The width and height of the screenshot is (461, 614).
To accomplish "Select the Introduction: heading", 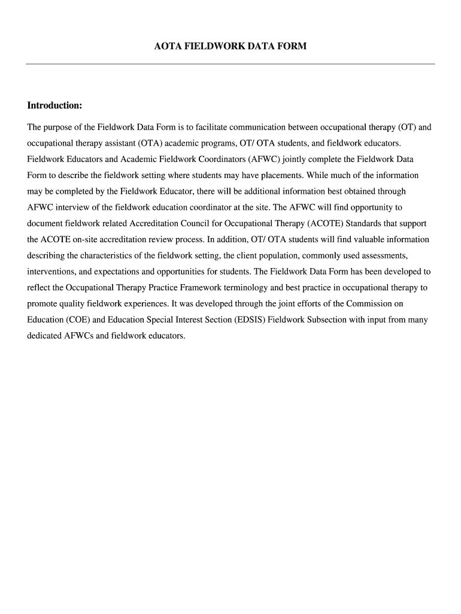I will tap(54, 106).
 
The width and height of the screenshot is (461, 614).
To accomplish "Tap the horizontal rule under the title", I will tap(230, 64).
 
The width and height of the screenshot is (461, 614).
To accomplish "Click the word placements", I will tap(266, 175).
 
